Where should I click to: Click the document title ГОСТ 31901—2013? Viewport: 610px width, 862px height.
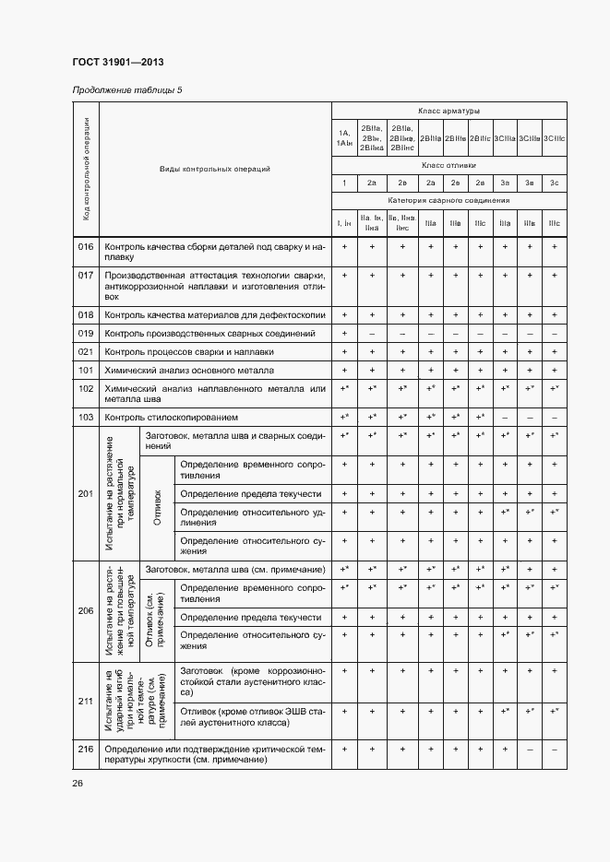tap(118, 61)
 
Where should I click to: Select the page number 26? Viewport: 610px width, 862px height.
tap(78, 783)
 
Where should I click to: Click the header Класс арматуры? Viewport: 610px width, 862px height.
tap(449, 111)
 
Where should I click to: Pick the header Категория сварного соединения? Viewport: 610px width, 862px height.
tap(449, 200)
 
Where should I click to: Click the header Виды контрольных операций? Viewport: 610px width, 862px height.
tap(214, 170)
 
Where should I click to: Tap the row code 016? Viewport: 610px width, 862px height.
tap(86, 247)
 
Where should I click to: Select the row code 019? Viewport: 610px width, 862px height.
tap(86, 333)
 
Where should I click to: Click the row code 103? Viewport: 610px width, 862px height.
tap(86, 418)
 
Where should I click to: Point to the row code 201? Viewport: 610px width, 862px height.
tap(86, 494)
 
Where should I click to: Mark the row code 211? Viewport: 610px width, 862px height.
tap(86, 701)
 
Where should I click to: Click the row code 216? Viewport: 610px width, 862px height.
tap(86, 750)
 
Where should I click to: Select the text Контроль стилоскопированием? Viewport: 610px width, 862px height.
tap(178, 418)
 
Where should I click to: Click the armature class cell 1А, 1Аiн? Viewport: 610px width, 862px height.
tap(344, 138)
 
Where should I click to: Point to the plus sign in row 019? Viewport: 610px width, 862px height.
tap(344, 333)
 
